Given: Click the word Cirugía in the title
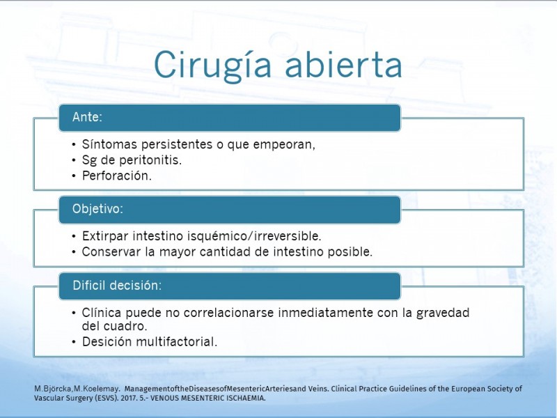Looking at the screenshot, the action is [x=212, y=65].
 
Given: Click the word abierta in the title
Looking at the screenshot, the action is [x=343, y=64].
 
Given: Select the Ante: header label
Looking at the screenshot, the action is [x=87, y=117].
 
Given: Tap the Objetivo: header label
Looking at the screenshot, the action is [x=97, y=208].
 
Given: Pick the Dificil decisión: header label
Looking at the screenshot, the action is [x=117, y=286].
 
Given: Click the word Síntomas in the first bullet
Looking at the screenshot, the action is [x=109, y=144].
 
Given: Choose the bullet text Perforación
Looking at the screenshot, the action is [x=117, y=176].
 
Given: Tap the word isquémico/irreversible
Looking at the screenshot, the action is [x=254, y=236].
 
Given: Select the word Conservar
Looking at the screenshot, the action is [x=111, y=251].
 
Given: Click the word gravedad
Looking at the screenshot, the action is [x=443, y=313].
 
